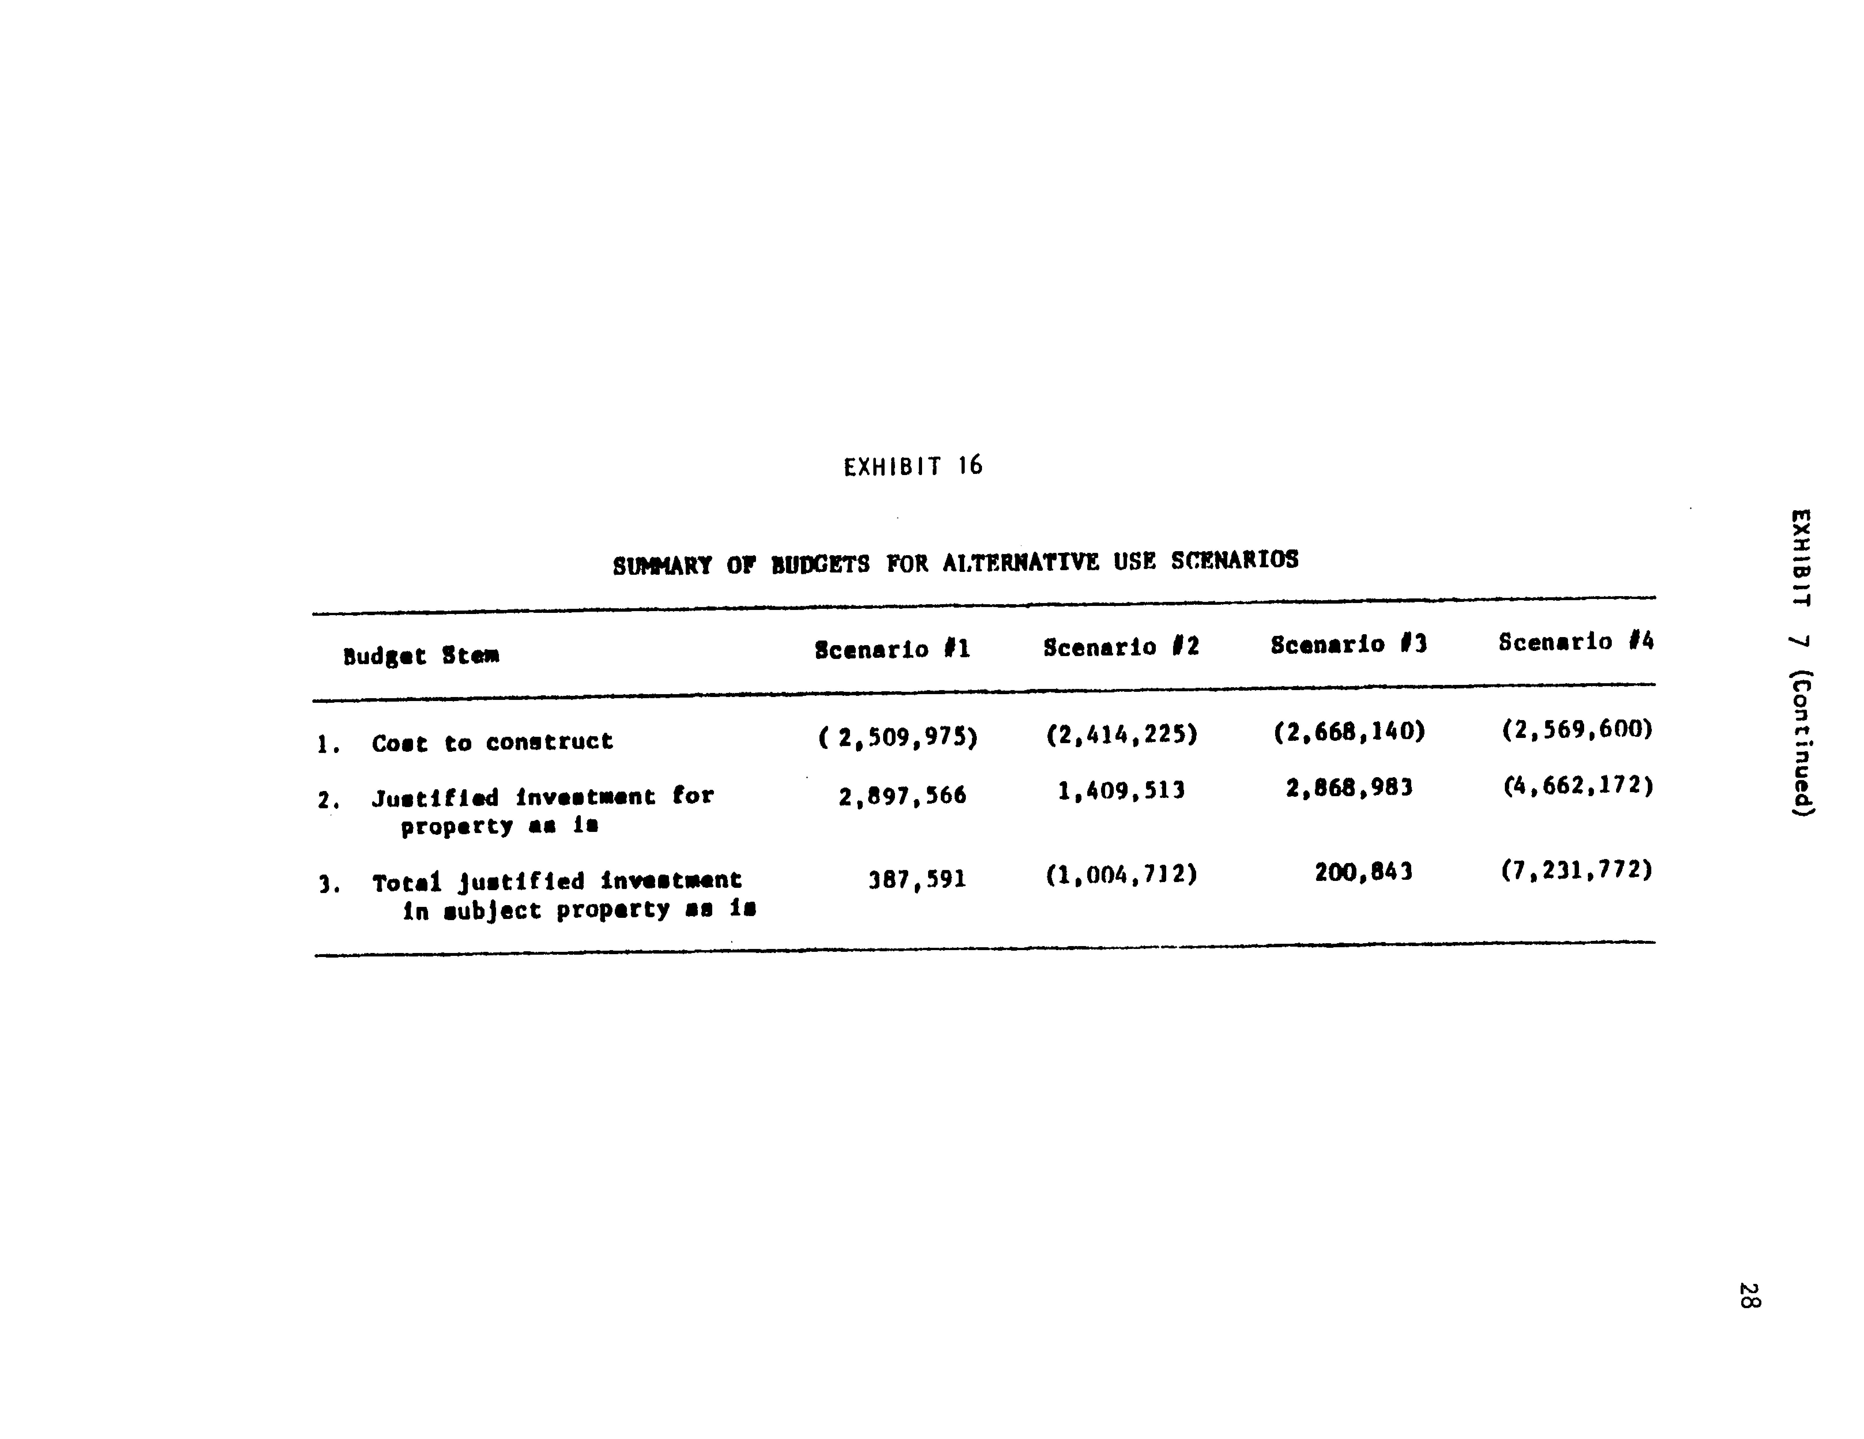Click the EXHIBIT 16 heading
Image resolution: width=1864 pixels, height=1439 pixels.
912,466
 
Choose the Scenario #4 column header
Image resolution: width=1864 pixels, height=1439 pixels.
1575,642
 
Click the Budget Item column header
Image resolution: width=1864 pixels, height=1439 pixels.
421,656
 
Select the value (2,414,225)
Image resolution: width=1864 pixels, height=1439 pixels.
1122,734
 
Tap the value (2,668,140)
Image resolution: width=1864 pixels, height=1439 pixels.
1349,731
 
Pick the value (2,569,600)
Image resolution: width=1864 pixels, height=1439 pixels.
1577,729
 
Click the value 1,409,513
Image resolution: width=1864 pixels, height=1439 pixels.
1121,791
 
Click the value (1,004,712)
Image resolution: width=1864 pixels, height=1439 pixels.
1122,875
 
